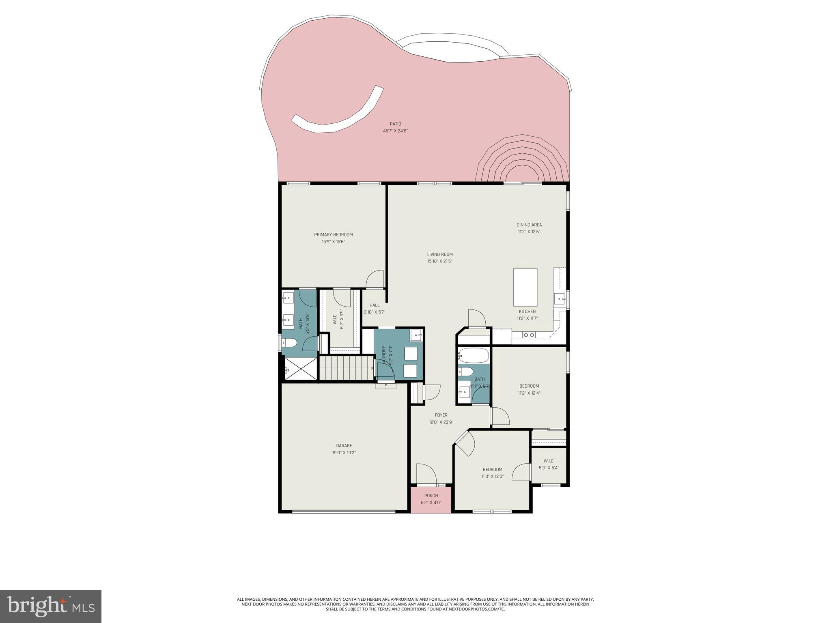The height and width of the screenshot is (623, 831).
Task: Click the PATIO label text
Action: tap(395, 124)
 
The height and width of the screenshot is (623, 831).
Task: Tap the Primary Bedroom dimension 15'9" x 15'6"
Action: tap(333, 242)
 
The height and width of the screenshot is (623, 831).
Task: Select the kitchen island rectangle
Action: tap(525, 287)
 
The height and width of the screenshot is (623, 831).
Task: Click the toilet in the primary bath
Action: tap(289, 344)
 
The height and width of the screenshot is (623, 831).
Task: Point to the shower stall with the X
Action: tap(300, 369)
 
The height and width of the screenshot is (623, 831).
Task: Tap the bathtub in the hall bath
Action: tap(473, 356)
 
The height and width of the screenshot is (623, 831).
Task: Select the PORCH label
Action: tap(431, 496)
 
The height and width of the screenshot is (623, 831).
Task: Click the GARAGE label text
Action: tap(344, 446)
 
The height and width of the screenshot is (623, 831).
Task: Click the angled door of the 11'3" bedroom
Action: tap(467, 444)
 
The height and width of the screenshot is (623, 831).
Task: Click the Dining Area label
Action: tap(529, 225)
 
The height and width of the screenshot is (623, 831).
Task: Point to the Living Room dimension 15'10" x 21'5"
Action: tap(439, 262)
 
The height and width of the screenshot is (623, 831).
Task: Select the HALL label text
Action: tap(374, 305)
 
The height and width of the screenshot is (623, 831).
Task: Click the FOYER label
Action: tap(441, 415)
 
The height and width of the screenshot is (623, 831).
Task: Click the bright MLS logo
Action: tap(50, 606)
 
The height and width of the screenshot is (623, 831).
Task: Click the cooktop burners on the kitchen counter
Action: tap(529, 335)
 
